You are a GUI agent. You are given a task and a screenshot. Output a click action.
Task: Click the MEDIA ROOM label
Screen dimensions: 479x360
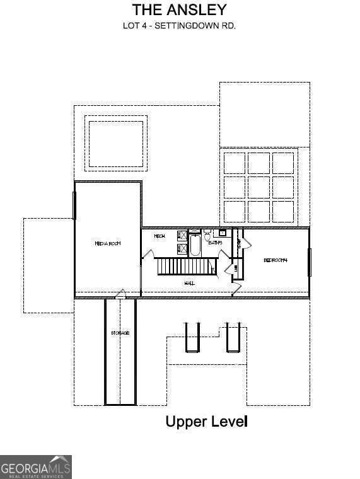tap(107, 243)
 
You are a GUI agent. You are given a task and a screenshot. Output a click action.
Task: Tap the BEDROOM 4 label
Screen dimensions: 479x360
tap(275, 260)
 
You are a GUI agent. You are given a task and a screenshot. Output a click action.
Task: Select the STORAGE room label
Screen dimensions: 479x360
tap(120, 333)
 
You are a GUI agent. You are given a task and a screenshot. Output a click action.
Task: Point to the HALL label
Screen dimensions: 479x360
tap(189, 284)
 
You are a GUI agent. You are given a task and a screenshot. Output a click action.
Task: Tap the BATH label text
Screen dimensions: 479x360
tap(216, 242)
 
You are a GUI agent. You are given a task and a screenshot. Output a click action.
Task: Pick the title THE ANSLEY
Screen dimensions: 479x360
tap(179, 9)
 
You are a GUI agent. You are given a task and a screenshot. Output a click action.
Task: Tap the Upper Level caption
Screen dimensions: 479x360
tap(206, 421)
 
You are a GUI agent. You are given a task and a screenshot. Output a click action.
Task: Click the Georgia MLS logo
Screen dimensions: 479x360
tap(35, 467)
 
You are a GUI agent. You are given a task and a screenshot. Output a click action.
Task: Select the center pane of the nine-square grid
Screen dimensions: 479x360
tap(258, 187)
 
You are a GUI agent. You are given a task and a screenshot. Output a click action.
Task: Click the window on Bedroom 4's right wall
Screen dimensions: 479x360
tap(309, 262)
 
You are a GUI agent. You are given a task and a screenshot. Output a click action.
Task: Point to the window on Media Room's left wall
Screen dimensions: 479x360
tap(75, 205)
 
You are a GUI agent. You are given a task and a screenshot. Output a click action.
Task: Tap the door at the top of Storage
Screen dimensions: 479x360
tap(120, 294)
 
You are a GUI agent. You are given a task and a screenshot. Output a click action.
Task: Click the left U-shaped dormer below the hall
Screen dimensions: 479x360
tap(192, 337)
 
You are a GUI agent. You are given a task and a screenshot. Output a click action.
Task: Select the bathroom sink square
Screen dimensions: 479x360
tap(223, 233)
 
